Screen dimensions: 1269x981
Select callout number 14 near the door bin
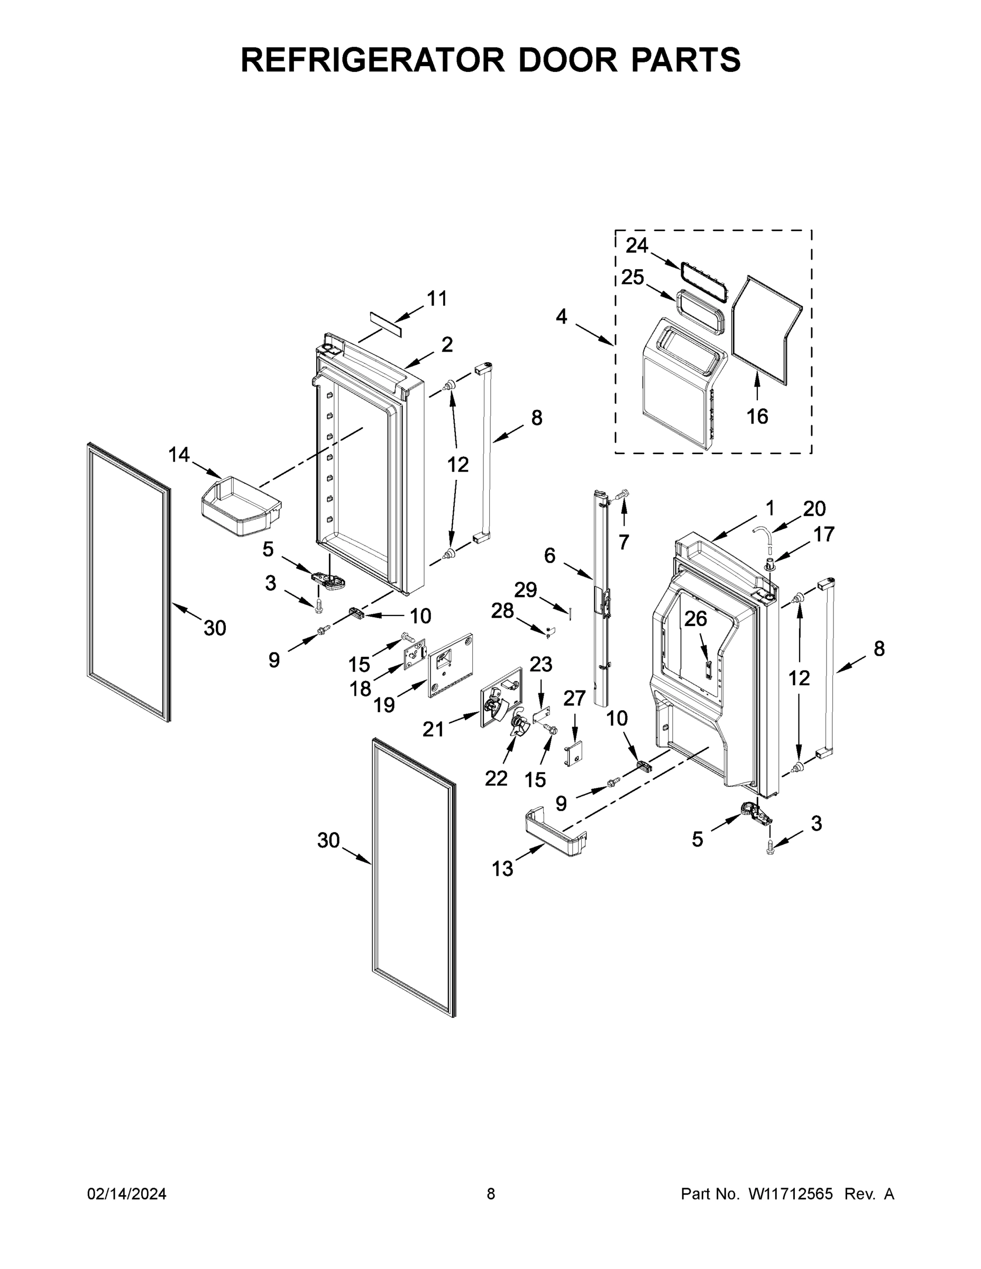point(179,455)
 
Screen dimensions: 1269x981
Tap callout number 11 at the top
point(437,299)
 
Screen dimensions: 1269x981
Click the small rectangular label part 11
point(386,323)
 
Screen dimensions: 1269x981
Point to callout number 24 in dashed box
point(636,246)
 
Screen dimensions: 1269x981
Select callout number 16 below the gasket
point(757,416)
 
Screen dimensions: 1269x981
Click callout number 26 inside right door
point(695,619)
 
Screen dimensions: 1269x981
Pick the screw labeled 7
point(621,495)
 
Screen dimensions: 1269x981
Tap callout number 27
point(575,698)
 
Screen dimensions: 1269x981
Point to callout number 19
point(384,705)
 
